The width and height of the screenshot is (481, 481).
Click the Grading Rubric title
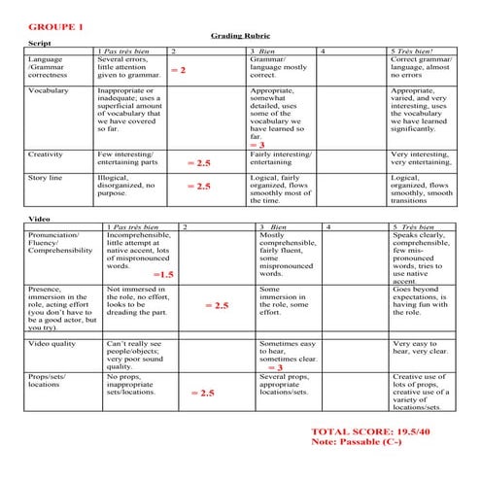tap(238, 34)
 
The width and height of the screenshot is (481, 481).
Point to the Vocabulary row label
tap(48, 90)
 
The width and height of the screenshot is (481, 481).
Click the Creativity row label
tap(46, 154)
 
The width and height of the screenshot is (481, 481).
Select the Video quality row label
tap(54, 344)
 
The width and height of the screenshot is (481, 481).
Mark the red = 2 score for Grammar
tap(178, 71)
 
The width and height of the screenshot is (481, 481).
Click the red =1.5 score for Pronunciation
tap(162, 275)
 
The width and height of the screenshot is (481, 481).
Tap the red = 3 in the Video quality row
tap(274, 368)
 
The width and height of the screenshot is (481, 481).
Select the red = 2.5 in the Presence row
tap(217, 305)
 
